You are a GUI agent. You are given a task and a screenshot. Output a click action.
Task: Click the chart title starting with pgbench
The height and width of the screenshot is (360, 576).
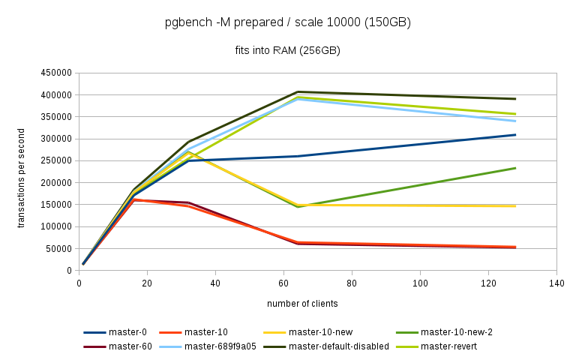click(x=288, y=22)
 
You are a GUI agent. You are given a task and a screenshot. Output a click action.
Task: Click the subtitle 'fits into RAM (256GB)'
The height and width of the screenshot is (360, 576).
click(x=288, y=50)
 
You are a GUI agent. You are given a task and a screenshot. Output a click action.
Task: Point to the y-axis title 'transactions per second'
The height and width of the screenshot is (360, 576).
click(x=22, y=172)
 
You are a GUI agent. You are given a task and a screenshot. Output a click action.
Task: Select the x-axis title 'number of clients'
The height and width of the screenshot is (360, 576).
click(x=302, y=304)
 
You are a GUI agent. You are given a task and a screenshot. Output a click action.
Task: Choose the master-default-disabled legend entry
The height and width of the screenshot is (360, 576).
click(x=339, y=346)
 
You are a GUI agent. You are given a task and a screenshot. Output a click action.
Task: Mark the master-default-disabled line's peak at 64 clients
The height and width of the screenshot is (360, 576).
click(x=298, y=92)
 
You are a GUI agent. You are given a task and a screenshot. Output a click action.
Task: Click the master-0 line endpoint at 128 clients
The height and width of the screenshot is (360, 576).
click(x=515, y=135)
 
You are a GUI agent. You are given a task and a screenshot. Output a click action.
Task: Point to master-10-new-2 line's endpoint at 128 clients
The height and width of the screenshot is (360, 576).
click(x=515, y=168)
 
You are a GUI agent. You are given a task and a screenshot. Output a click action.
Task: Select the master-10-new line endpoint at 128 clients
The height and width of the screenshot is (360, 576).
click(x=515, y=205)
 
